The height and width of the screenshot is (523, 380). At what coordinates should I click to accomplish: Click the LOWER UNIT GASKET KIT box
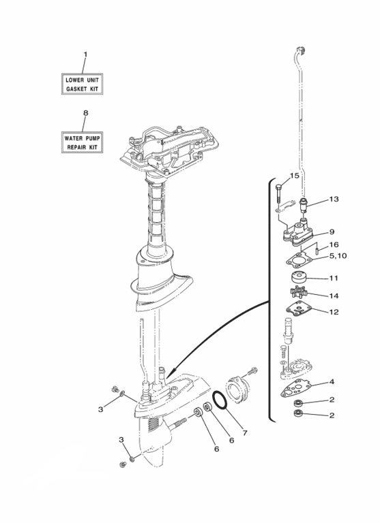(x=84, y=84)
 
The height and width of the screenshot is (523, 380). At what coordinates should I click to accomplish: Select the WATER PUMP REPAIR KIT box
(x=84, y=142)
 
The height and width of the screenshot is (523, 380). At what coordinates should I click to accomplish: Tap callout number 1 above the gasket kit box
(x=85, y=54)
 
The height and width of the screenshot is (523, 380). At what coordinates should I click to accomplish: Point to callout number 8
(x=85, y=112)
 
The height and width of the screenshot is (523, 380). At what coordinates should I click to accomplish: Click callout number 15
(x=295, y=176)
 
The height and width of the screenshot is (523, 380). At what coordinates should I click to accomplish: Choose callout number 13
(x=333, y=200)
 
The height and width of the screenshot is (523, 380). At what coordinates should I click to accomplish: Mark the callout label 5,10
(x=338, y=256)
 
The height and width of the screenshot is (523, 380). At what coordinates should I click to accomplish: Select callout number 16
(x=334, y=244)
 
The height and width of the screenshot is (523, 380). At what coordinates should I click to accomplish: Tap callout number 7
(x=244, y=433)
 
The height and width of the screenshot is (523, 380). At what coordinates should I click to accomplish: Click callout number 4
(x=332, y=382)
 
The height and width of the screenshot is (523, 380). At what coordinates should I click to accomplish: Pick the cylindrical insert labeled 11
(x=298, y=279)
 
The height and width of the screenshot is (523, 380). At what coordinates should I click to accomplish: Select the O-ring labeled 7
(x=220, y=400)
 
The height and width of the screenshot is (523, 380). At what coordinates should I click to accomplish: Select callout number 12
(x=333, y=313)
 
